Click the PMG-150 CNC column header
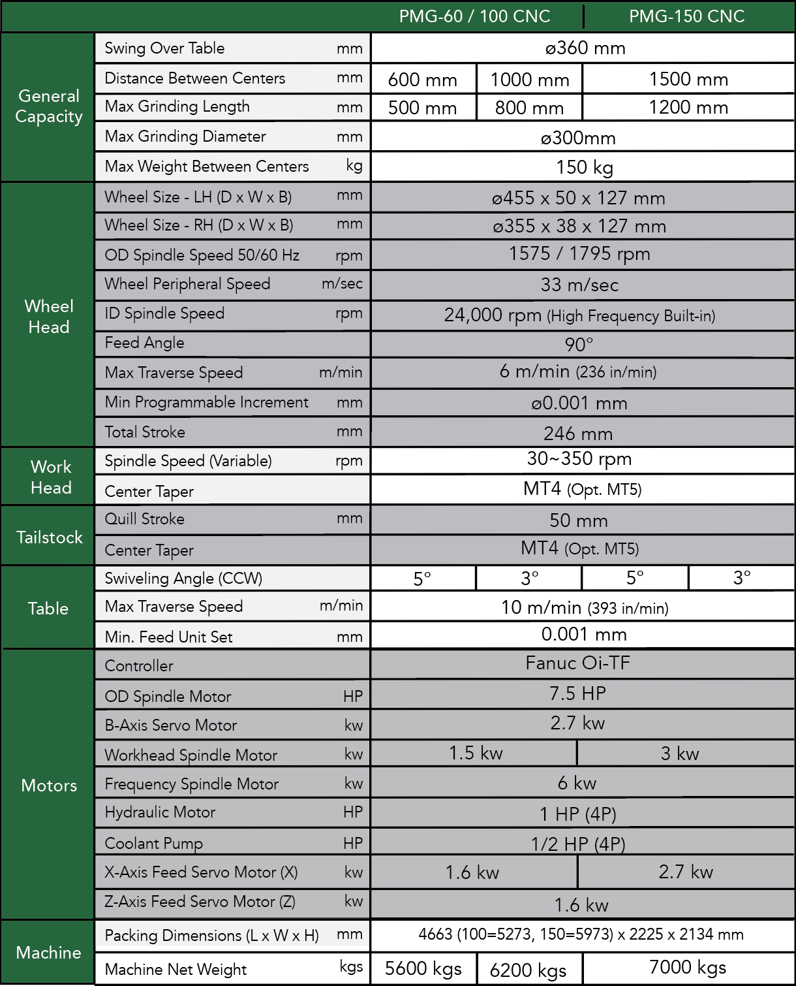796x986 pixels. pos(686,16)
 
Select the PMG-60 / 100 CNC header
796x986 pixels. pos(474,16)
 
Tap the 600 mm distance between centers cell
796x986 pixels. pos(422,80)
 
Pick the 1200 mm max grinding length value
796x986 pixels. pos(688,108)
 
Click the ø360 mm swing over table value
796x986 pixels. pos(585,48)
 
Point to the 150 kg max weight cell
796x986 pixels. pos(584,168)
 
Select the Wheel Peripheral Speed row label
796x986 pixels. pos(187,284)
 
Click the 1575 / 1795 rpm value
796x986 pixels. pos(579,254)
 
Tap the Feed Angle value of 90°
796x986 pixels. pos(579,344)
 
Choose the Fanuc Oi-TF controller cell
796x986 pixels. pos(578,663)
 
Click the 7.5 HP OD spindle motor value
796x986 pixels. pos(577,693)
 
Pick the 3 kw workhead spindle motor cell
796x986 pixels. pos(680,754)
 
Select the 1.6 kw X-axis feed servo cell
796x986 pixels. pos(472,872)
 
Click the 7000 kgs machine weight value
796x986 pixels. pos(688,968)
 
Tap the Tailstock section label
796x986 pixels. pos(50,537)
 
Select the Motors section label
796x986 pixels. pos(49,786)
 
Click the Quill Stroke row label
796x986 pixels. pos(145,519)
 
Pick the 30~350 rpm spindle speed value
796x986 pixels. pos(579,459)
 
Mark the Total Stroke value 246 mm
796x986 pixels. pos(578,434)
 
